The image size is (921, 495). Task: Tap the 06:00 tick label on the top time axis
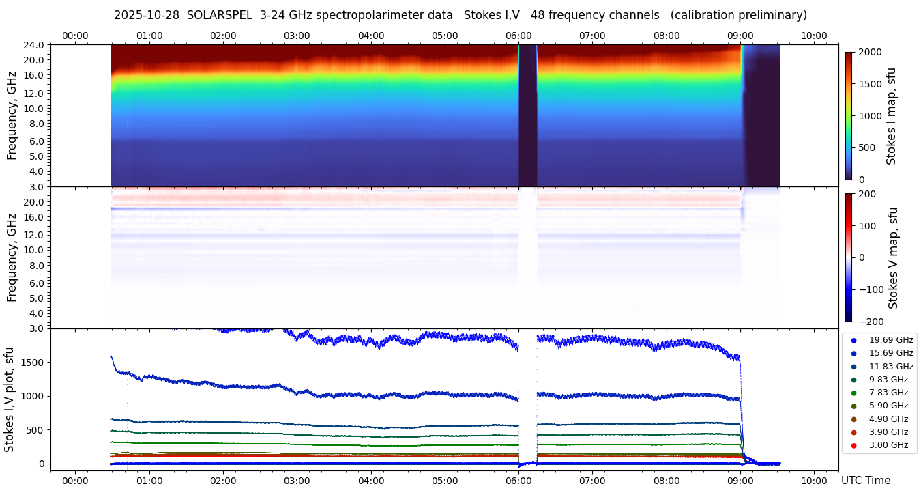point(518,36)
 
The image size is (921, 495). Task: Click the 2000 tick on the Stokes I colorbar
point(869,53)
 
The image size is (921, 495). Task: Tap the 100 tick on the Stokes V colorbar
point(867,225)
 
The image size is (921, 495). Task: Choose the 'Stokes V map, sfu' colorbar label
point(894,257)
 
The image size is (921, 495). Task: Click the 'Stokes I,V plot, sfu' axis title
point(10,399)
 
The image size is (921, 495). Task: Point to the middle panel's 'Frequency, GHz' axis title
point(12,257)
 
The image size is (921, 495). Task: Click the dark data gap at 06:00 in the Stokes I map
point(527,116)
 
